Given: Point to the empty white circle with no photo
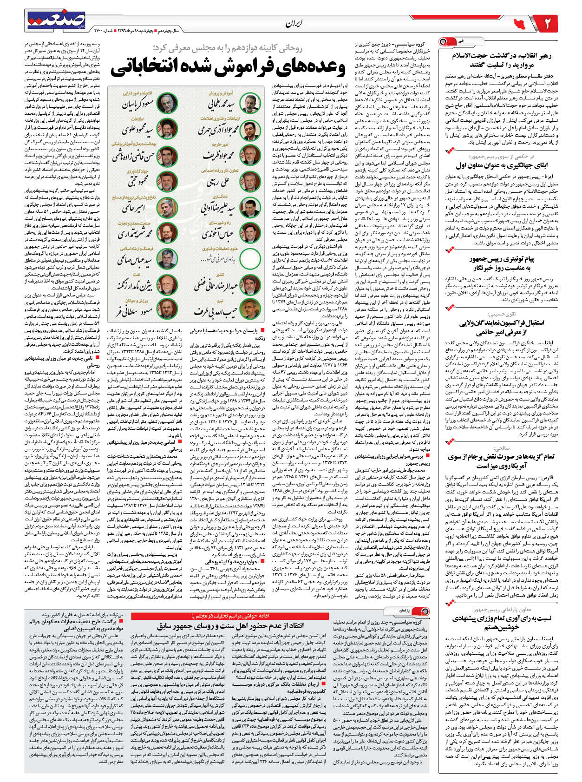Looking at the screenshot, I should click(x=251, y=258).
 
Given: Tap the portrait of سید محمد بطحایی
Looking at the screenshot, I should click(x=251, y=102).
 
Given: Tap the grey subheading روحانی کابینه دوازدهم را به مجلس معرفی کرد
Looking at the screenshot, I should click(x=227, y=47).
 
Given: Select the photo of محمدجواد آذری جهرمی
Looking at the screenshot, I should click(x=251, y=128).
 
